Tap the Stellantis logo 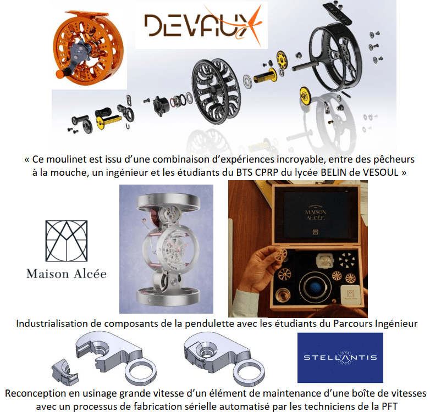[x=340, y=358]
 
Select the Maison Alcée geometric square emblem [x=67, y=241]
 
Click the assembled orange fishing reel [x=89, y=48]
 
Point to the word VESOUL [x=381, y=172]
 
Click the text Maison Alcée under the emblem [x=67, y=274]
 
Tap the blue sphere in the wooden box [x=315, y=287]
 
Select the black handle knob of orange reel [x=62, y=74]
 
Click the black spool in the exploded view [x=216, y=91]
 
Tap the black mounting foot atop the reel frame [x=337, y=12]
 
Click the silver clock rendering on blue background [x=166, y=249]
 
